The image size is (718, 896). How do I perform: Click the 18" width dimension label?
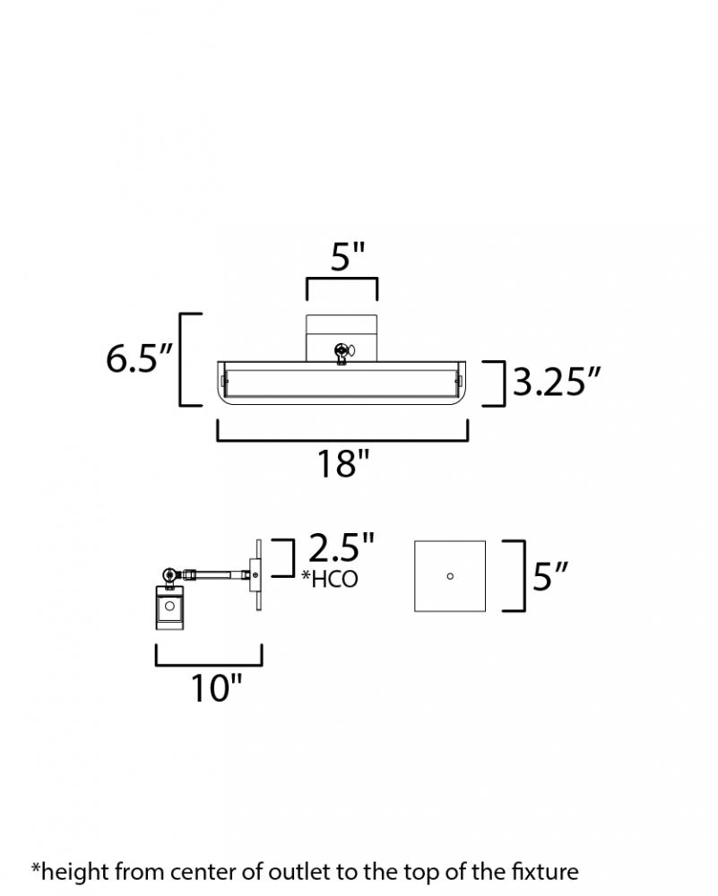tap(343, 463)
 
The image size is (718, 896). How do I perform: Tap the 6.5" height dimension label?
tap(139, 359)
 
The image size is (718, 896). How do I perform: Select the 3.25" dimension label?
tap(557, 381)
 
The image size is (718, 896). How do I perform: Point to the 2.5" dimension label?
tap(342, 547)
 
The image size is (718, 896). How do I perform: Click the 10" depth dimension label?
tap(216, 687)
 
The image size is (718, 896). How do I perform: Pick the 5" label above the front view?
tap(348, 257)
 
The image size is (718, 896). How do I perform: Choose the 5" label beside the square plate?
tap(550, 576)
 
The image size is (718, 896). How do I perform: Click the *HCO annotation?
tap(330, 579)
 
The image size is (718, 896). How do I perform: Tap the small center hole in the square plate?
tap(450, 576)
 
